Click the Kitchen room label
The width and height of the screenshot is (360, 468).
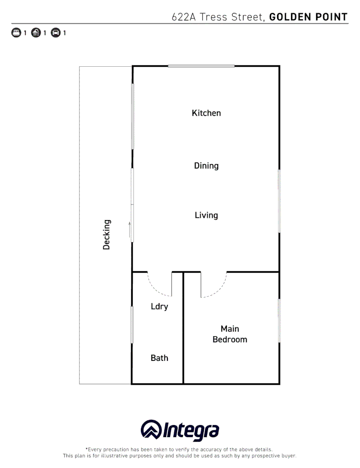[x=206, y=113]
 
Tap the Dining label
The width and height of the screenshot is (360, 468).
[x=206, y=166]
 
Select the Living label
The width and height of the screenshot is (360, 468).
[x=206, y=215]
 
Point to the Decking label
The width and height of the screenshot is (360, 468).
[x=107, y=234]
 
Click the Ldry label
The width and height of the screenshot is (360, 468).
[x=159, y=307]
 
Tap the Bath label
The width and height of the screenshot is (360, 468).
[x=159, y=358]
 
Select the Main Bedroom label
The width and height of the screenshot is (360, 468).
[x=230, y=334]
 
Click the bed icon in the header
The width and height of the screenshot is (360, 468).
[x=16, y=32]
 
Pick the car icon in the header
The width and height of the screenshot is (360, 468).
[x=56, y=32]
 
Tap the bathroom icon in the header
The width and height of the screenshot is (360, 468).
[x=36, y=32]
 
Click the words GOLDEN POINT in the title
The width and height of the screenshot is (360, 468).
[x=308, y=17]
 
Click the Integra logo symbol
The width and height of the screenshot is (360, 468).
[x=151, y=430]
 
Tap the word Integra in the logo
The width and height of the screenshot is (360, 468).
[x=191, y=431]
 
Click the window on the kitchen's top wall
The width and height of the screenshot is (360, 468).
[x=201, y=66]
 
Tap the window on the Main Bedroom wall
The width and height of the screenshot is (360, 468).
[x=279, y=321]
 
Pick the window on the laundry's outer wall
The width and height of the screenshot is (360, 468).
[x=132, y=325]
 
